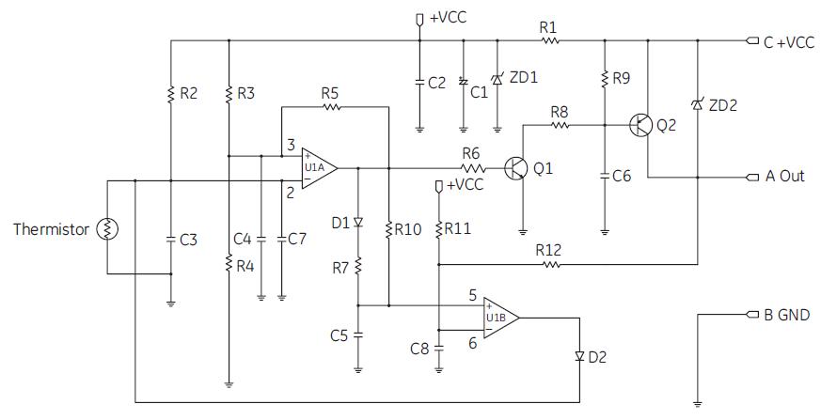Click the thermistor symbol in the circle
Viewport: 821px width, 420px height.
pos(109,228)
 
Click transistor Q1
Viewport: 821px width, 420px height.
pos(516,167)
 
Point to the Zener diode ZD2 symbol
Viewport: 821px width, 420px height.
pos(697,106)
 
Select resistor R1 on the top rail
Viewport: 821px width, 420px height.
pos(549,40)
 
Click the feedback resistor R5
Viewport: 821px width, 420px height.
pos(330,107)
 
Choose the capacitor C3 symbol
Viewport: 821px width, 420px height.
pos(170,239)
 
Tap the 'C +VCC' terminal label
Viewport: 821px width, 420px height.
pos(788,41)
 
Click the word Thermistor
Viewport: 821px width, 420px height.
pos(50,228)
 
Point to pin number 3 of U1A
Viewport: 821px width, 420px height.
pos(291,146)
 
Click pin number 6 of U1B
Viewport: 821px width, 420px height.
pos(472,344)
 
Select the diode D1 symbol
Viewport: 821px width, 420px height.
pos(357,224)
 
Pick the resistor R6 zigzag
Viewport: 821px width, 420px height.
pos(470,167)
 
